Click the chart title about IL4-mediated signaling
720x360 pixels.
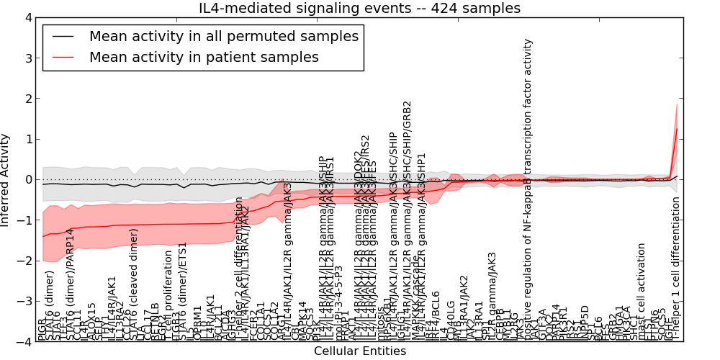pos(359,9)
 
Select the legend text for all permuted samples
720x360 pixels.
pos(223,35)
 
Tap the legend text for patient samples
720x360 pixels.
pos(204,57)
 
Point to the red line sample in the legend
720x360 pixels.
pos(62,57)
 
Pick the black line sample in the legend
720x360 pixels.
pos(62,35)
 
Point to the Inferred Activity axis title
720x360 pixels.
pos(6,179)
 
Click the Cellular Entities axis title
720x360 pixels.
pos(359,351)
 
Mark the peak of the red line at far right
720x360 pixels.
pos(677,128)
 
